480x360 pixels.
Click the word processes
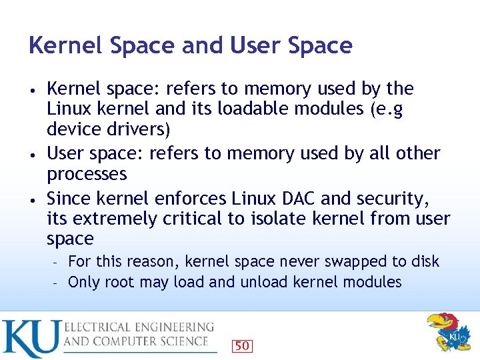click(x=87, y=174)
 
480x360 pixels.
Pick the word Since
click(x=69, y=199)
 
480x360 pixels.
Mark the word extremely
click(x=118, y=219)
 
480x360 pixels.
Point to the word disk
click(x=424, y=261)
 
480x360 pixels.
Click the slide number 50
click(x=242, y=345)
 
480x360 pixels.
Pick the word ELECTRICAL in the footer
click(x=101, y=328)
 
